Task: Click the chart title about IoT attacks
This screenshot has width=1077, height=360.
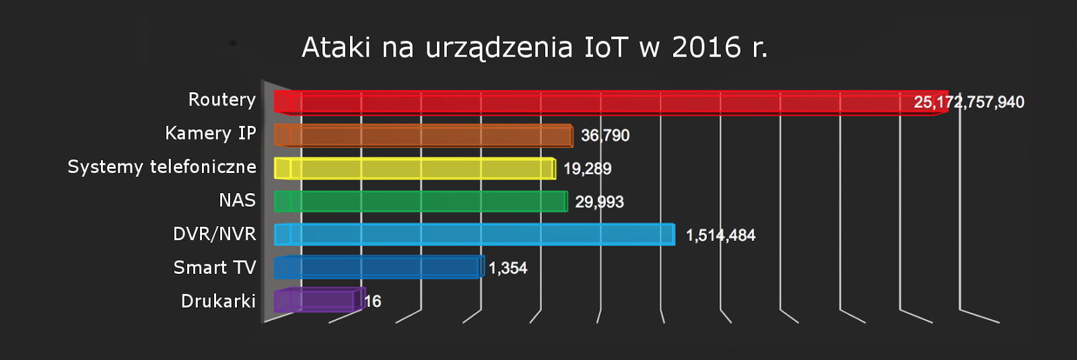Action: point(534,48)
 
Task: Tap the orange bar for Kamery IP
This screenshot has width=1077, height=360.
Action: point(424,135)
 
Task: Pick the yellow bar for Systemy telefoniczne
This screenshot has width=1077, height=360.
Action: point(415,168)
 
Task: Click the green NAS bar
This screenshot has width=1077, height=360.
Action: point(421,201)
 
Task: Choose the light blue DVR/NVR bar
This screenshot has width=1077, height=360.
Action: point(475,234)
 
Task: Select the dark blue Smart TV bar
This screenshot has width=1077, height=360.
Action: point(379,267)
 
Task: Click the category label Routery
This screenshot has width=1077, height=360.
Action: point(222,100)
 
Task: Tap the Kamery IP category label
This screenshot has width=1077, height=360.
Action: point(211,133)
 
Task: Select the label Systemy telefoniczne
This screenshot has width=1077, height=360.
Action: point(162,167)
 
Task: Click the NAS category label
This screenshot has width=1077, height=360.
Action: point(238,201)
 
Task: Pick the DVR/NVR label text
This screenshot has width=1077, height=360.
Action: point(215,234)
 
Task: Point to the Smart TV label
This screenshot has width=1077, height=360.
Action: point(215,268)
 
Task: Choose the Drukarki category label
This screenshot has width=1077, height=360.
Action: point(219,301)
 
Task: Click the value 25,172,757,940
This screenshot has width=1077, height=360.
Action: point(969,102)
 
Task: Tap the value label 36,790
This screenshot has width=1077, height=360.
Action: point(605,136)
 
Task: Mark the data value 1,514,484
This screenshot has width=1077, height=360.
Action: point(720,236)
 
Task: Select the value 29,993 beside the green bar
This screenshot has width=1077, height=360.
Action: point(599,202)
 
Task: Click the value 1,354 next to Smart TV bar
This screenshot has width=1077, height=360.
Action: point(508,268)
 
